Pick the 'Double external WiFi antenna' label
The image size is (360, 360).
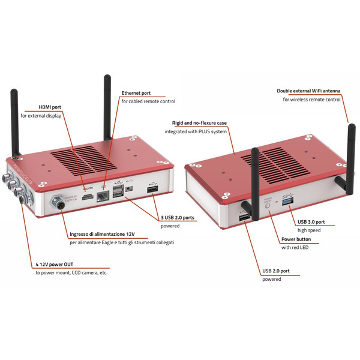pos(308,91)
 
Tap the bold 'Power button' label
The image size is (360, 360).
pos(299,239)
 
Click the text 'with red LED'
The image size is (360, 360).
pos(295,247)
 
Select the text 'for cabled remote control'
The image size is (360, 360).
pos(148,101)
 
